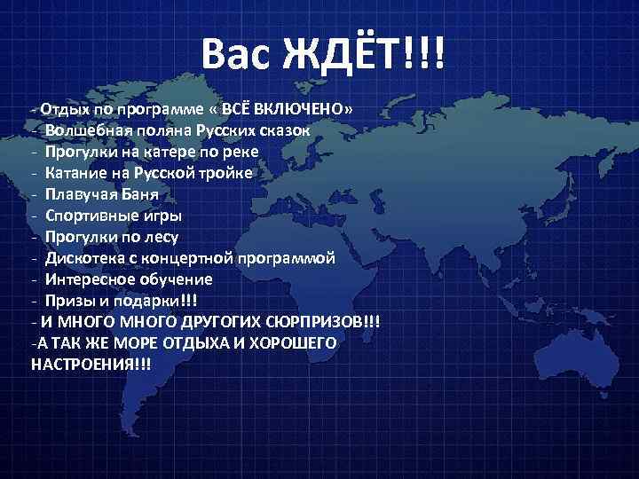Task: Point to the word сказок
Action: coord(283,130)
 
